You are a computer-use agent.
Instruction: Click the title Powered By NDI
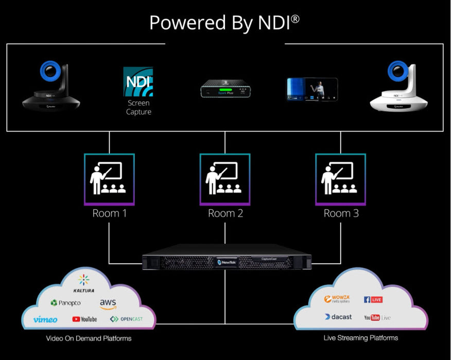click(225, 22)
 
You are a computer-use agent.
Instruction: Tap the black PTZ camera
click(50, 86)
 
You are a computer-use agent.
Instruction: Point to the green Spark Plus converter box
click(224, 89)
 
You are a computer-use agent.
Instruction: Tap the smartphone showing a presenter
click(312, 89)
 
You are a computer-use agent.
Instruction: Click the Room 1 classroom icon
click(109, 179)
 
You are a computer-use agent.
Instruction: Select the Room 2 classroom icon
click(225, 179)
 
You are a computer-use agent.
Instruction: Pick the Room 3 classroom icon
click(340, 179)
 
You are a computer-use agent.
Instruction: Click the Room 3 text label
click(341, 213)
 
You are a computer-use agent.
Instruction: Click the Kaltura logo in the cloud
click(84, 283)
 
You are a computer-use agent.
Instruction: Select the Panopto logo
click(65, 303)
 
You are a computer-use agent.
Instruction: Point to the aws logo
click(108, 303)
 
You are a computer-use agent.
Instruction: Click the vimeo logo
click(45, 319)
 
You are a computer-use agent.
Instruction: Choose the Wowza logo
click(337, 299)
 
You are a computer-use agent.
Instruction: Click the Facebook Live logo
click(373, 299)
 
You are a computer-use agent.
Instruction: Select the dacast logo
click(338, 317)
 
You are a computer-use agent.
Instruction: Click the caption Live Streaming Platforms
click(360, 338)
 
